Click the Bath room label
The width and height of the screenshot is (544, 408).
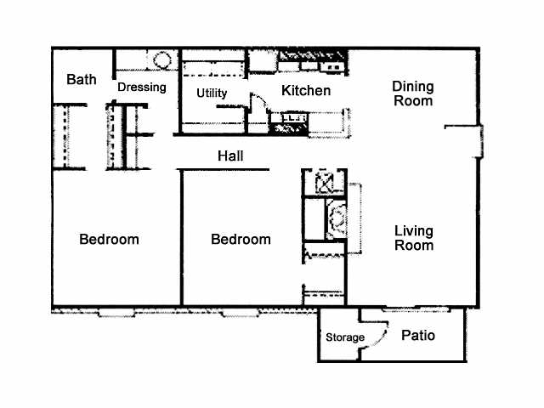82,79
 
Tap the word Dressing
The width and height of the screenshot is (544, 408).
142,87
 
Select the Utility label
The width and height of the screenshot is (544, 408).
212,93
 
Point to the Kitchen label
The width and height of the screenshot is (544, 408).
306,91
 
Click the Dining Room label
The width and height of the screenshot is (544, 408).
413,93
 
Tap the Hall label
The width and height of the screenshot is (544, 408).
230,156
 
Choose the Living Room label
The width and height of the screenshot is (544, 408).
414,238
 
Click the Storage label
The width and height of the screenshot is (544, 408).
345,337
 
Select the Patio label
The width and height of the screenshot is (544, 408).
418,336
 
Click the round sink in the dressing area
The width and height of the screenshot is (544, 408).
162,60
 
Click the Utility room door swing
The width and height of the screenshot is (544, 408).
259,101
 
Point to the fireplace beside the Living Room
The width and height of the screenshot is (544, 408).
337,219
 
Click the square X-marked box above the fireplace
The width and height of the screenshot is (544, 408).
325,182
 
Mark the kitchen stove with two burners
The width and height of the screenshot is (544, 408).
333,66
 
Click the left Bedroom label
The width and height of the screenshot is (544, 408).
109,240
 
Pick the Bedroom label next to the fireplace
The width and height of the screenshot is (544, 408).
241,240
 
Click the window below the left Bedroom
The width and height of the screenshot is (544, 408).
117,314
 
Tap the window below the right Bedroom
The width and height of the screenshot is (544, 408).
240,314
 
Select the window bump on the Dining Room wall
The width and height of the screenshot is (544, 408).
481,142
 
